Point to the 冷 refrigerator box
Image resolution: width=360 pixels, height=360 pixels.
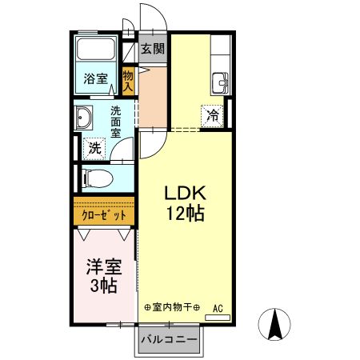pyautogui.click(x=212, y=114)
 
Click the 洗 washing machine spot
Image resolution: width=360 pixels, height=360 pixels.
pyautogui.click(x=94, y=148)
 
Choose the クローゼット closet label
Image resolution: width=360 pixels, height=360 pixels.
pyautogui.click(x=103, y=214)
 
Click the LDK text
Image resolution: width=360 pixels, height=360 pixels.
pyautogui.click(x=186, y=193)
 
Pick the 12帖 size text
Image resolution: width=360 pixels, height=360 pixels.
pyautogui.click(x=186, y=214)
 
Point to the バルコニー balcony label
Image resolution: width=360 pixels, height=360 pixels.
pyautogui.click(x=169, y=340)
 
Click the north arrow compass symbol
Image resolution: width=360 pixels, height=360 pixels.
pyautogui.click(x=277, y=323)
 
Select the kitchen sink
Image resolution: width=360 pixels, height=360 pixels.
pyautogui.click(x=220, y=81)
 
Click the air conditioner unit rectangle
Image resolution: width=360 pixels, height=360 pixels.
pyautogui.click(x=217, y=317)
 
